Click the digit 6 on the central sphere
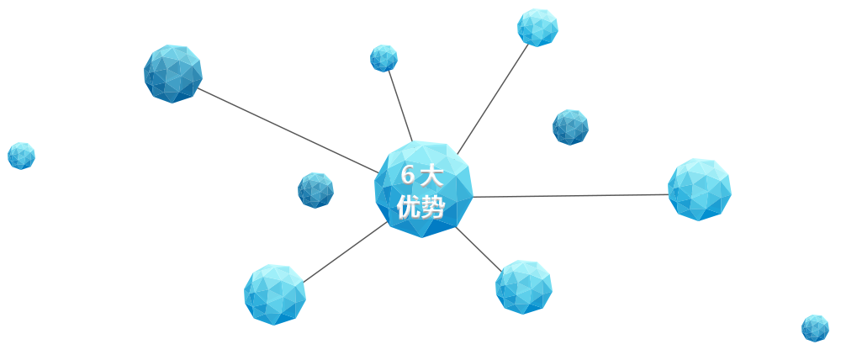coord(408,176)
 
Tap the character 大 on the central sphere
coord(432,176)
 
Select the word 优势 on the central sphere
coord(420,206)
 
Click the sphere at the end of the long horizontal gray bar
coord(699,189)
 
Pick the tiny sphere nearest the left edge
coord(21,156)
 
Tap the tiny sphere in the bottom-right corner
coord(815,328)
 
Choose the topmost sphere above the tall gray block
coord(537,27)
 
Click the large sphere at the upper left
coord(173,74)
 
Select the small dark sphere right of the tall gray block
coord(570,127)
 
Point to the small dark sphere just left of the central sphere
coord(315,190)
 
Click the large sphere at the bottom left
coord(275,294)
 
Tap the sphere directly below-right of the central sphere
coord(523,287)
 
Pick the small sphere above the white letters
coord(383,58)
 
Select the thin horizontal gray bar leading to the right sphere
coord(594,196)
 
